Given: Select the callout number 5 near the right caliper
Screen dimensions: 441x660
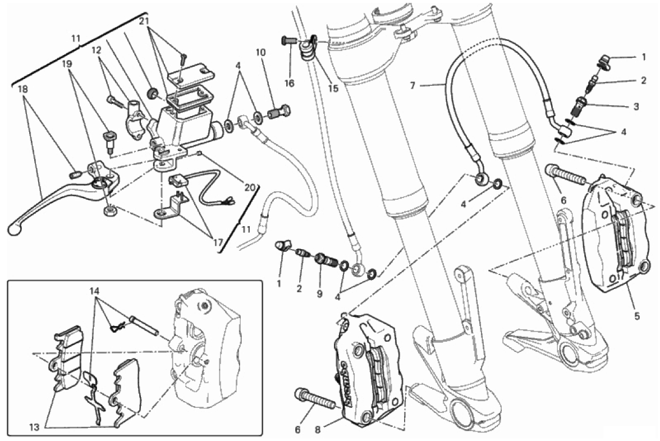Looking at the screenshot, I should [x=637, y=315].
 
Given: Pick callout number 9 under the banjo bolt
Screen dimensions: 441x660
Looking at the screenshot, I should [x=319, y=293].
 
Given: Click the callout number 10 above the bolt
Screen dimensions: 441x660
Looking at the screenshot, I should [x=260, y=53].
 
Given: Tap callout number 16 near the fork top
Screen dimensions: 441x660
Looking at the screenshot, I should [x=289, y=84].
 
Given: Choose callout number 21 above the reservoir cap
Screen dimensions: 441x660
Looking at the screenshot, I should [x=144, y=21].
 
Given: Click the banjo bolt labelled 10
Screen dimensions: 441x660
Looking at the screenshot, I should [x=277, y=112].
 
